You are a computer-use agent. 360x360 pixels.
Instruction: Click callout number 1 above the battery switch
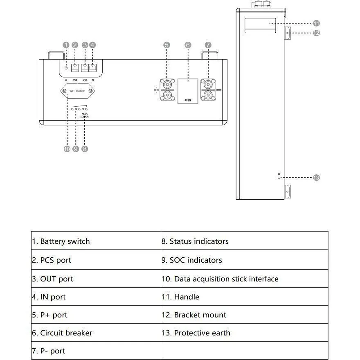click(66, 45)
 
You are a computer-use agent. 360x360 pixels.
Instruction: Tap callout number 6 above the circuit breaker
click(188, 45)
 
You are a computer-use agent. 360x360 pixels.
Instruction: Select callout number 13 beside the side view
click(316, 178)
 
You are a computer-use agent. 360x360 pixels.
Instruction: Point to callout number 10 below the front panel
click(67, 149)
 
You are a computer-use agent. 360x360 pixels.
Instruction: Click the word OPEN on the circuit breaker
click(188, 100)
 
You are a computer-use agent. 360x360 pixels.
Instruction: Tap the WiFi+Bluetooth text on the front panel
click(78, 91)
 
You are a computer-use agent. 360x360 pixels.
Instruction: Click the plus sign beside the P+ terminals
click(156, 90)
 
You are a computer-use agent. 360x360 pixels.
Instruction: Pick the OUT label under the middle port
click(85, 80)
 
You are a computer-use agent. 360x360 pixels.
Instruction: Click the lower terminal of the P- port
click(208, 96)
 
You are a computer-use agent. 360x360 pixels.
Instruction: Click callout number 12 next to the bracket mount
click(316, 33)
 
